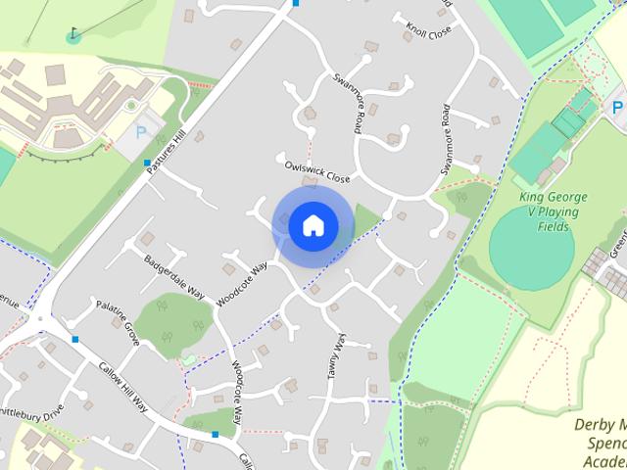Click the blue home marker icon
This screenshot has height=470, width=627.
click(x=313, y=225)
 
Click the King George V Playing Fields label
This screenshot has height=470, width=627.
click(x=555, y=211)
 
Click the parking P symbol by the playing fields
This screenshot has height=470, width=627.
click(x=618, y=108)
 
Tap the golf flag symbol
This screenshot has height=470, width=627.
click(x=74, y=35)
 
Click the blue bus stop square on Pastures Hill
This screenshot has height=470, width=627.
click(x=147, y=163)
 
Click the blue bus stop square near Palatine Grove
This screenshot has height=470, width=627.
click(x=75, y=339)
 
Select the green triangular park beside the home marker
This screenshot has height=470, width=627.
click(x=364, y=219)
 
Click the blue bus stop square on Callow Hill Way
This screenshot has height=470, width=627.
click(x=215, y=433)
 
